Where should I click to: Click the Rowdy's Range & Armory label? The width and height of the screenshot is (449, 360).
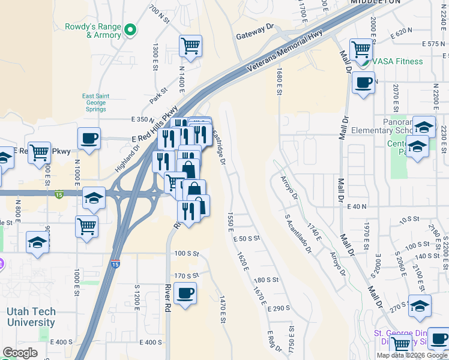(95, 31)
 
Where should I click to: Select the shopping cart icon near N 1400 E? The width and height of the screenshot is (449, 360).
(190, 46)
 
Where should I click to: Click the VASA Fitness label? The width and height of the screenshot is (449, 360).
(397, 61)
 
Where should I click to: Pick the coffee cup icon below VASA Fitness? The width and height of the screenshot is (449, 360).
(363, 83)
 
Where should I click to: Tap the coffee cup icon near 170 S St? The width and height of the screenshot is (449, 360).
(185, 294)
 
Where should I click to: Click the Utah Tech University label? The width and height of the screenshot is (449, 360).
(31, 317)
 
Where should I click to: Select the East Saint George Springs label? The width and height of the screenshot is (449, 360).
(95, 102)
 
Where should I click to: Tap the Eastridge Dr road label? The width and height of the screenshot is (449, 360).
(218, 149)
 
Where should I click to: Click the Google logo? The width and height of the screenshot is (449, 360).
(20, 352)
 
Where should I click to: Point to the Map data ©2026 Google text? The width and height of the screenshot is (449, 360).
(412, 355)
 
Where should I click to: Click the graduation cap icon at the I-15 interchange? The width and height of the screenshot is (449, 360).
(94, 199)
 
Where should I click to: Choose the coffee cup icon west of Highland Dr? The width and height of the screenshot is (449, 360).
(89, 139)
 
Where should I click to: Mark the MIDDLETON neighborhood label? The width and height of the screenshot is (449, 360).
(376, 2)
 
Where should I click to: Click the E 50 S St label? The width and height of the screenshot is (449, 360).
(247, 238)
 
